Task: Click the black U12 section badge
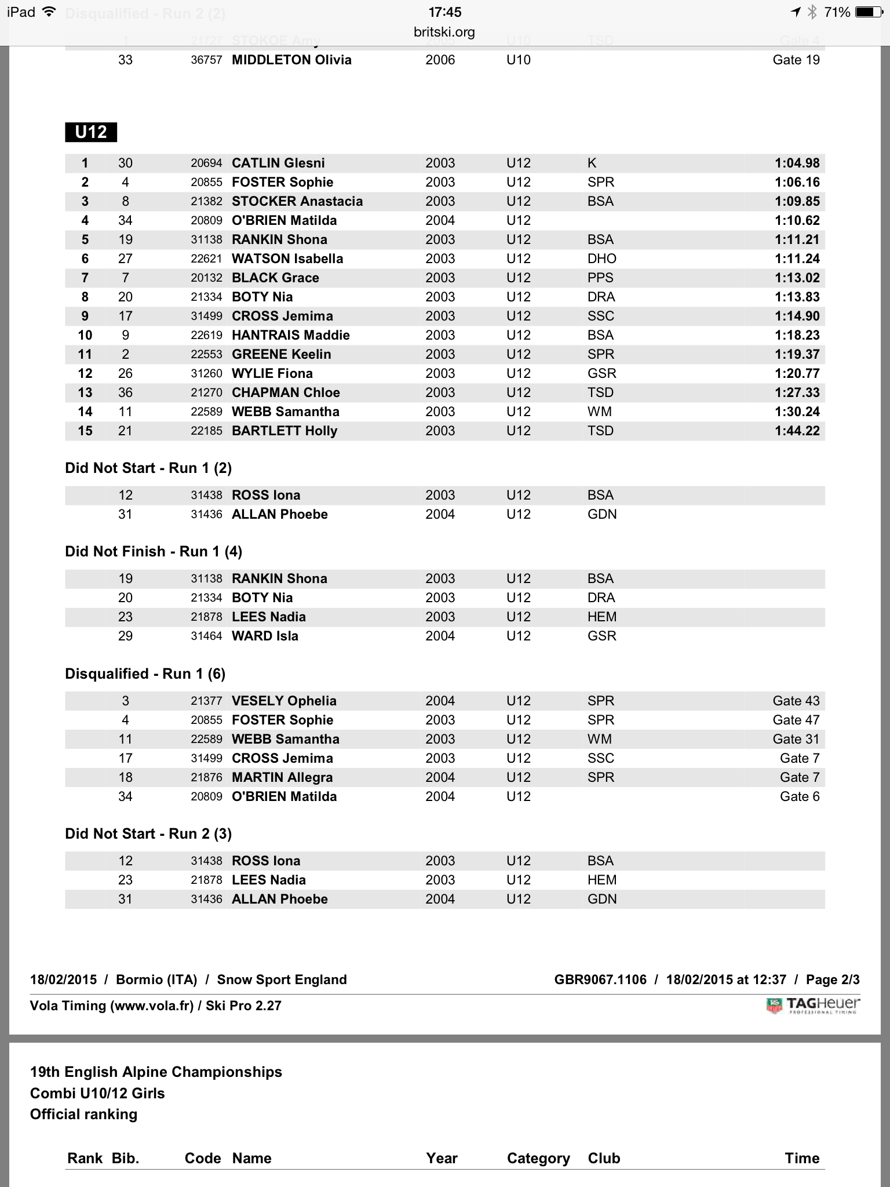pyautogui.click(x=91, y=132)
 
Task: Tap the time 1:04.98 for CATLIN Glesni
pyautogui.click(x=797, y=163)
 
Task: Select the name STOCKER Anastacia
pyautogui.click(x=297, y=201)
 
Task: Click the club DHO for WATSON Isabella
pyautogui.click(x=602, y=258)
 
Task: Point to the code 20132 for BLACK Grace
pyautogui.click(x=206, y=278)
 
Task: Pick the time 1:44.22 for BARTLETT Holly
pyautogui.click(x=797, y=431)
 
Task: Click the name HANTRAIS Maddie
pyautogui.click(x=291, y=335)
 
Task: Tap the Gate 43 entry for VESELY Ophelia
pyautogui.click(x=796, y=701)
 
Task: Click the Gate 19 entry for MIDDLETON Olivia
pyautogui.click(x=796, y=60)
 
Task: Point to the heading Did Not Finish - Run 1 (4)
pyautogui.click(x=154, y=551)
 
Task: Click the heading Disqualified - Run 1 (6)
pyautogui.click(x=145, y=673)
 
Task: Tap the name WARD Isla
pyautogui.click(x=265, y=636)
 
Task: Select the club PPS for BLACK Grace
pyautogui.click(x=600, y=278)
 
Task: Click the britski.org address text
pyautogui.click(x=444, y=32)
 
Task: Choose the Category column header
pyautogui.click(x=538, y=1158)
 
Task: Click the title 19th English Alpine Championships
pyautogui.click(x=156, y=1072)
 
